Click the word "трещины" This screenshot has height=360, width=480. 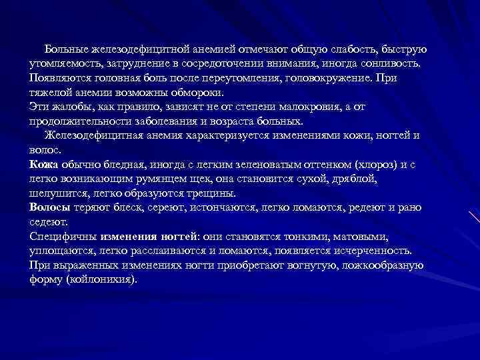tap(210, 193)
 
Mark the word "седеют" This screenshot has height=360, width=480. tap(47, 222)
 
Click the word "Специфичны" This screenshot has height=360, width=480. tap(64, 237)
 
